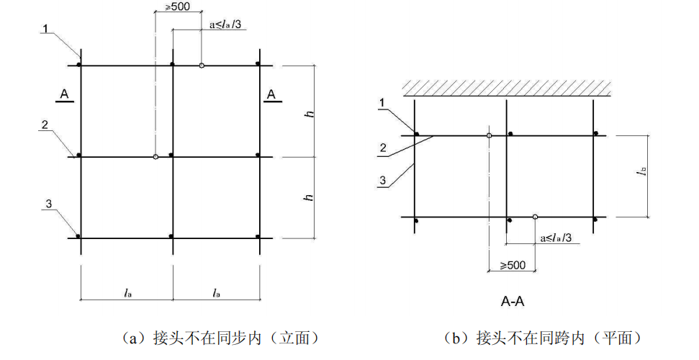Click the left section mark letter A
(x=65, y=94)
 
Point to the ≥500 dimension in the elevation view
(x=169, y=7)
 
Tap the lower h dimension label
(x=310, y=197)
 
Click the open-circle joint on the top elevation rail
(x=202, y=66)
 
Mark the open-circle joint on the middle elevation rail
(x=155, y=156)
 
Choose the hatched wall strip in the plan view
(x=507, y=88)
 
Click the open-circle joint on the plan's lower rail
(x=535, y=217)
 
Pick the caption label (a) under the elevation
(x=137, y=337)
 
